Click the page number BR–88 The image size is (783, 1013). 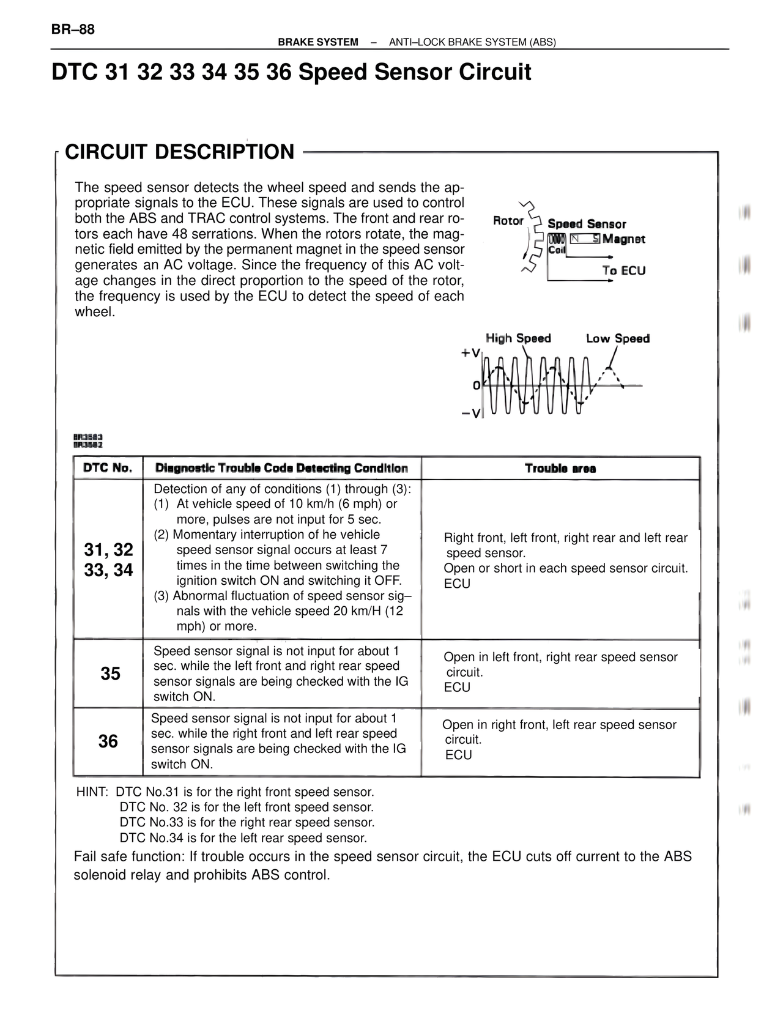tap(73, 29)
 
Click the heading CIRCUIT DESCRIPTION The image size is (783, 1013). tap(179, 152)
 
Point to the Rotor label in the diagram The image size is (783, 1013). tap(508, 221)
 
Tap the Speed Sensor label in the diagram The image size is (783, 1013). tap(587, 224)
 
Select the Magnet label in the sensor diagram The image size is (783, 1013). tap(623, 239)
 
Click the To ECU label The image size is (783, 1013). tap(623, 270)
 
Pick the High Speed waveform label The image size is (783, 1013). tap(518, 338)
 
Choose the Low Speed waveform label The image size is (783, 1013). tap(617, 338)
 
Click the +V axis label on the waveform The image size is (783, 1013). tap(471, 353)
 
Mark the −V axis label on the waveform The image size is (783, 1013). tap(471, 414)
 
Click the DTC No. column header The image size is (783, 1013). tap(108, 468)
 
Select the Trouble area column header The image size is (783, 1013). tap(560, 469)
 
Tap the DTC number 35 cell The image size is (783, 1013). tap(110, 673)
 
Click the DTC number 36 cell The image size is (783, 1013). tap(108, 741)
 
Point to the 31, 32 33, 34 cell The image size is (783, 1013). tap(108, 559)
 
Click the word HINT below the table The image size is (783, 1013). tap(91, 792)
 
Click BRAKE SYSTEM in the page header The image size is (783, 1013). tap(318, 42)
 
